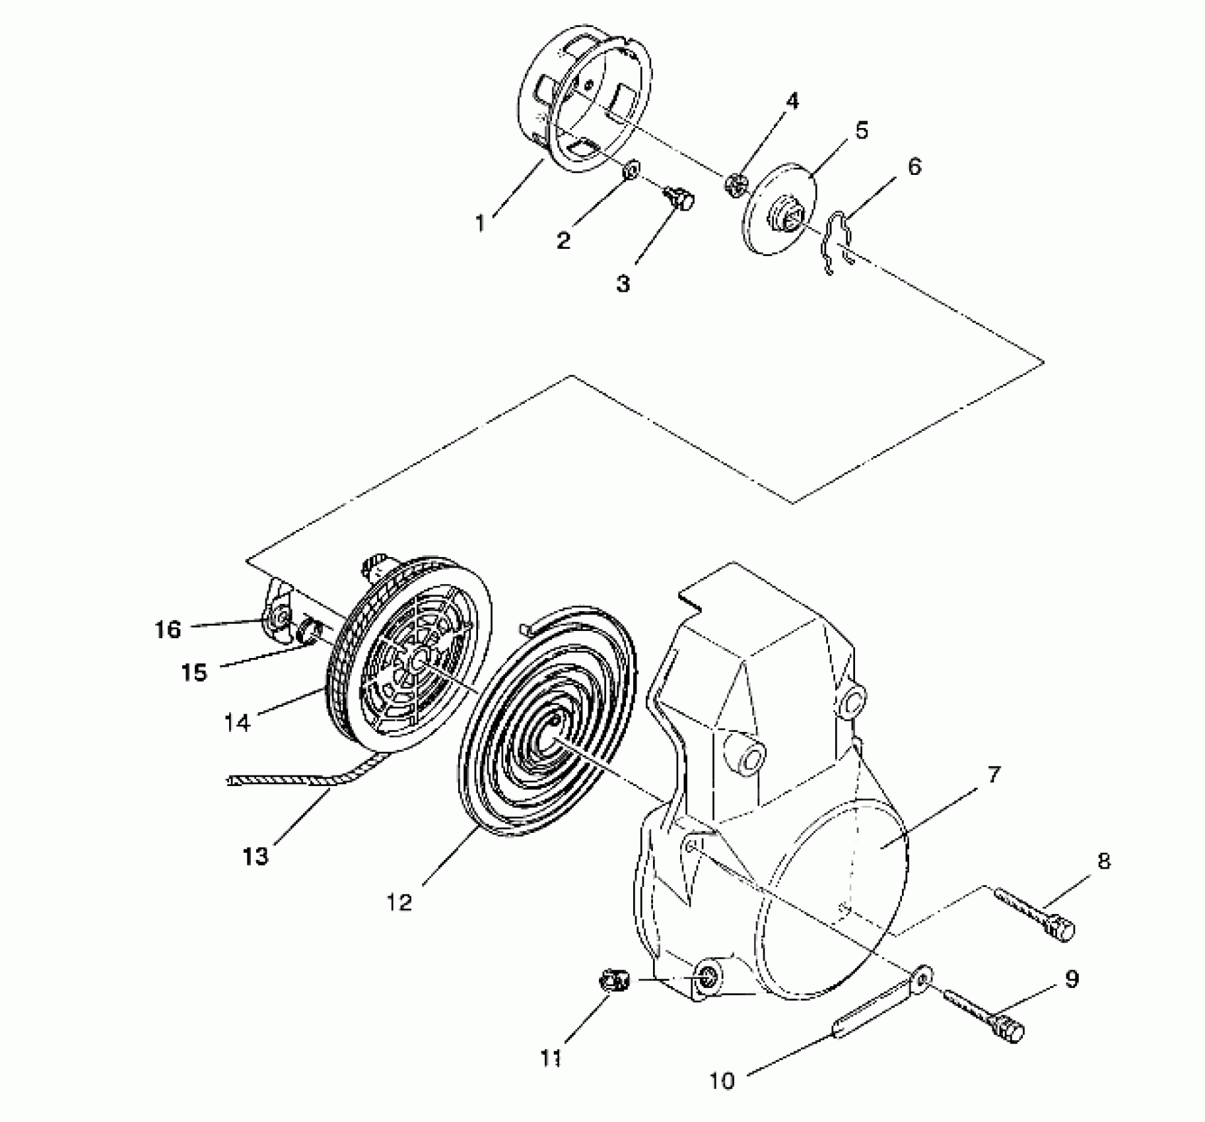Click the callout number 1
click(481, 224)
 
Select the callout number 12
click(399, 902)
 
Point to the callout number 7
click(994, 775)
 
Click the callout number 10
click(722, 1081)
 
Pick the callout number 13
click(256, 857)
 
